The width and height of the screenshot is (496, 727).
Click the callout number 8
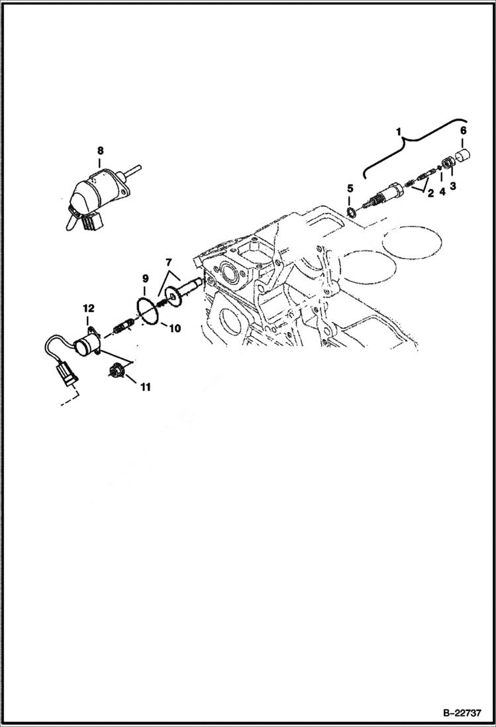tap(99, 150)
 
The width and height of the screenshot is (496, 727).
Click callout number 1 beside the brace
tap(399, 133)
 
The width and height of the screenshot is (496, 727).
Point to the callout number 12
tap(88, 308)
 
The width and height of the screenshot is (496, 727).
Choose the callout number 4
tap(442, 187)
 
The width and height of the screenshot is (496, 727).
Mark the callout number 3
tap(454, 187)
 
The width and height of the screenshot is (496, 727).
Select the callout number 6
tap(463, 131)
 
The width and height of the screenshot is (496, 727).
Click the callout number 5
tap(350, 189)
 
